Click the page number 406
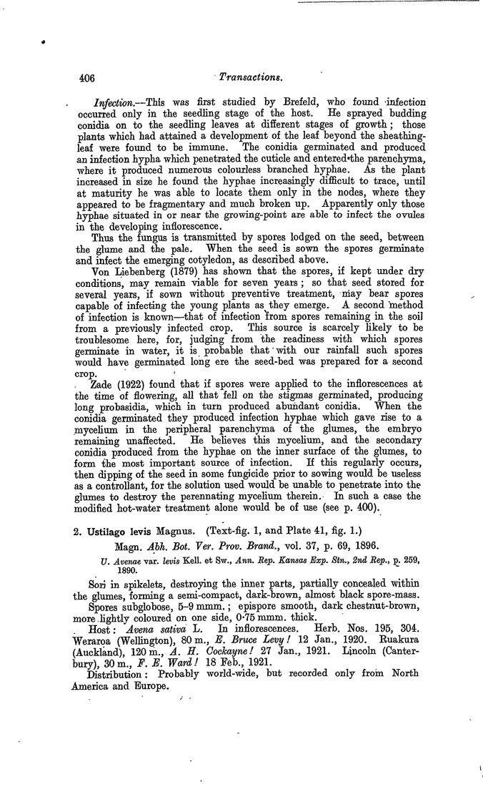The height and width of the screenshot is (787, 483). [86, 76]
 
